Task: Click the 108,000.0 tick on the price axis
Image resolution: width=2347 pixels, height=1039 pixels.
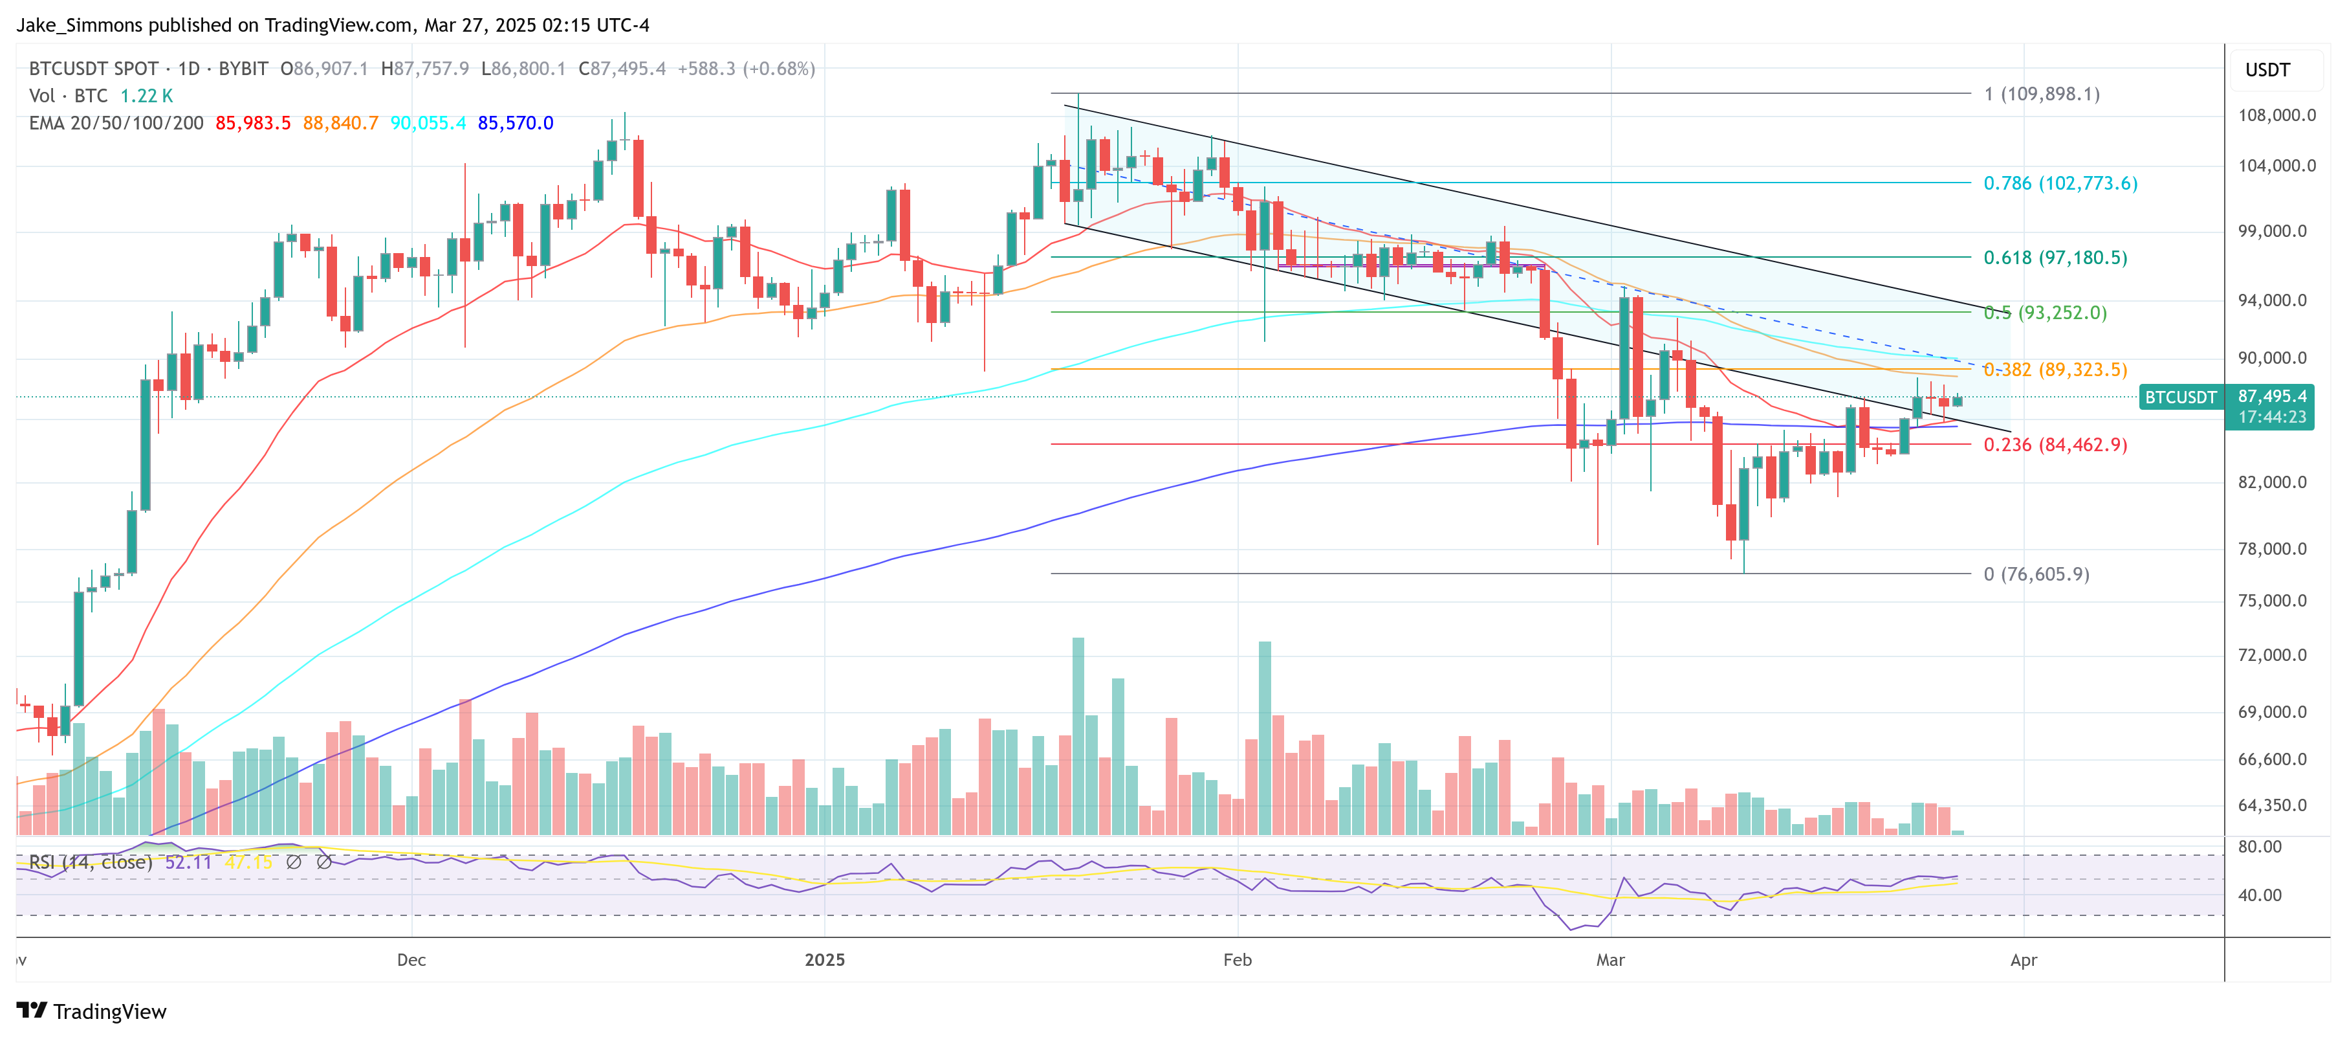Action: [x=2276, y=115]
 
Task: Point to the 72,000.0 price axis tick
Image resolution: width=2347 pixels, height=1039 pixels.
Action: [x=2273, y=654]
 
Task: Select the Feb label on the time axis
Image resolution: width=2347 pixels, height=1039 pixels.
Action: [x=1238, y=960]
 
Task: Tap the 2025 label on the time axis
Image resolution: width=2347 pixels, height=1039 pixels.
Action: [x=825, y=960]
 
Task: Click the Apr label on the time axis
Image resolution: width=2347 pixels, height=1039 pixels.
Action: [x=2023, y=960]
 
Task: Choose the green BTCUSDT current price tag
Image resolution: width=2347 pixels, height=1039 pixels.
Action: [x=2179, y=397]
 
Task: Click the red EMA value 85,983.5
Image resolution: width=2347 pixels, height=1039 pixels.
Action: [x=252, y=123]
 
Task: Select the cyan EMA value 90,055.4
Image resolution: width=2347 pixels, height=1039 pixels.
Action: [x=428, y=123]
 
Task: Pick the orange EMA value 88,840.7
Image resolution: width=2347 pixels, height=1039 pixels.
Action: [x=340, y=123]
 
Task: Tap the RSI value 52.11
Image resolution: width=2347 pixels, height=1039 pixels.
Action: [x=188, y=862]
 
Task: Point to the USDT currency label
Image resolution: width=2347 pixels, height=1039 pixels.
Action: [x=2267, y=70]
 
